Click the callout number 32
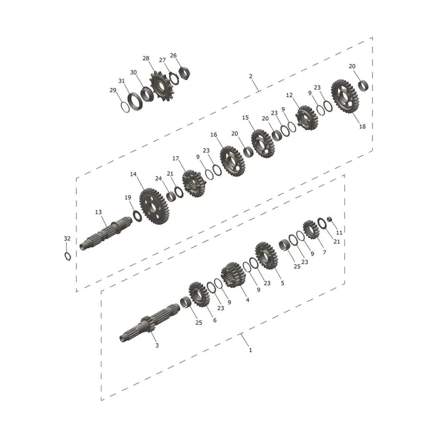click(67, 239)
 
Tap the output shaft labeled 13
click(106, 233)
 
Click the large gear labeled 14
click(155, 206)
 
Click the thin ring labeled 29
click(125, 107)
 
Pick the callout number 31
click(121, 81)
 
